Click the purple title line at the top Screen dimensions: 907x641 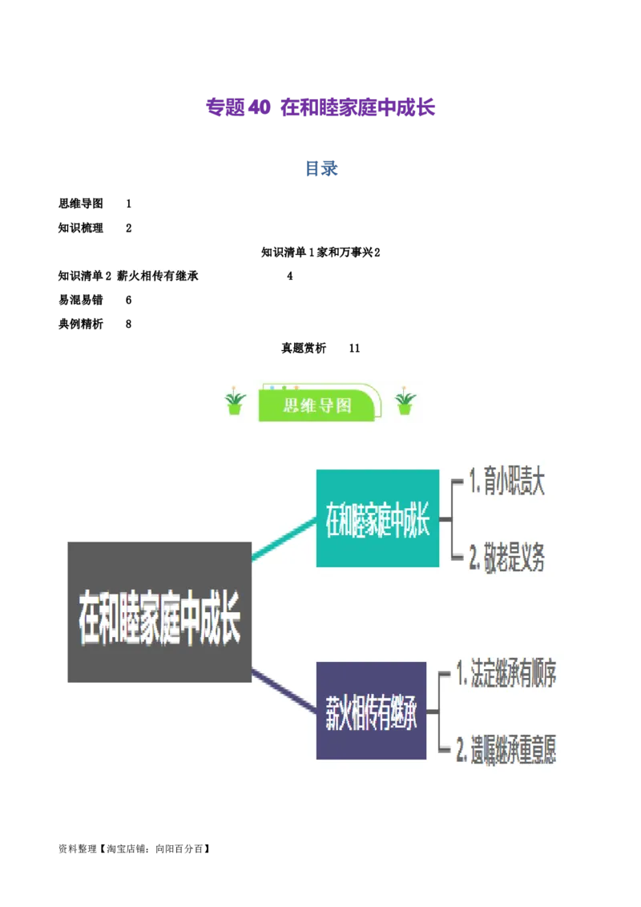320,108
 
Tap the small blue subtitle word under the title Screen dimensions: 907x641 320,169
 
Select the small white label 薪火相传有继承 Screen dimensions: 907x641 159,276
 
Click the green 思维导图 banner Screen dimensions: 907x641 318,405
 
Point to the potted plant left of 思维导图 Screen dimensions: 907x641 234,402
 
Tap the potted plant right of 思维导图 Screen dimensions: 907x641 405,402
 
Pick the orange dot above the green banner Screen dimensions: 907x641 296,388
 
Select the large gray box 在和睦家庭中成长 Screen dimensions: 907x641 159,612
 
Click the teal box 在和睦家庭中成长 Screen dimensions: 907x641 377,518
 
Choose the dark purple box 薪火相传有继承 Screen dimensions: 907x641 371,710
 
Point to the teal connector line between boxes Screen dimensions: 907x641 284,538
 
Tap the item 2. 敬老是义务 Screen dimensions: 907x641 507,558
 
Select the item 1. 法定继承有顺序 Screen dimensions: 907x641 506,674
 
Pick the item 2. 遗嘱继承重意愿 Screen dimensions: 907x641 506,750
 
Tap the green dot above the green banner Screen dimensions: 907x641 284,388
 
